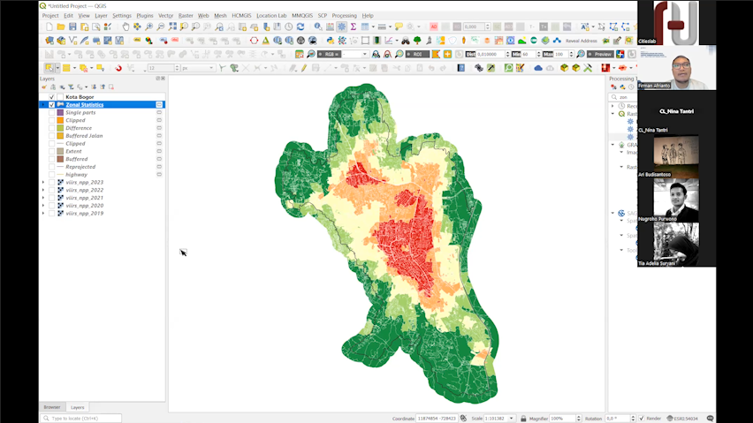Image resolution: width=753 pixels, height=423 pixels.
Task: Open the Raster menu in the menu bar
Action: point(186,15)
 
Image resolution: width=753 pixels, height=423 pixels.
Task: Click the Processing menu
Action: point(344,15)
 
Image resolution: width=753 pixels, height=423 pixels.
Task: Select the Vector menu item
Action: point(165,15)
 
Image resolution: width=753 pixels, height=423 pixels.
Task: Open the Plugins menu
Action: point(144,15)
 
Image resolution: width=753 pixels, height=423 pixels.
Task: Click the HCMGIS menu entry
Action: point(241,15)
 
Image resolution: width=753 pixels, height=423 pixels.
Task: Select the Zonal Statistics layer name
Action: point(85,105)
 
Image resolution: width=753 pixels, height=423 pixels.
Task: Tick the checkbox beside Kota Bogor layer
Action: point(51,97)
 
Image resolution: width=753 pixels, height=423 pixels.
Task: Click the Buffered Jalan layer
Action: point(84,136)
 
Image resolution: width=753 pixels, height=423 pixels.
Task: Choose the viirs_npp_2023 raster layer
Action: point(84,182)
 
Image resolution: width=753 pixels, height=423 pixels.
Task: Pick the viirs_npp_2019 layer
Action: point(84,213)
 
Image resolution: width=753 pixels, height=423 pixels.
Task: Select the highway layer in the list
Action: point(77,174)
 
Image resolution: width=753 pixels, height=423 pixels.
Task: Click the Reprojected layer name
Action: point(80,167)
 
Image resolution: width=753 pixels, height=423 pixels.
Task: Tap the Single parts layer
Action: point(80,112)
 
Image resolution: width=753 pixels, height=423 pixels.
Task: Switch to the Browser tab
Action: point(52,407)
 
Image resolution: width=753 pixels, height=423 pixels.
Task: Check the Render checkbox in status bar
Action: point(641,418)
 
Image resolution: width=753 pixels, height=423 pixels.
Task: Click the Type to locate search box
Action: point(81,418)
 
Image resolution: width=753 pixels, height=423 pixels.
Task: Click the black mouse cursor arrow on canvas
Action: point(183,253)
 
